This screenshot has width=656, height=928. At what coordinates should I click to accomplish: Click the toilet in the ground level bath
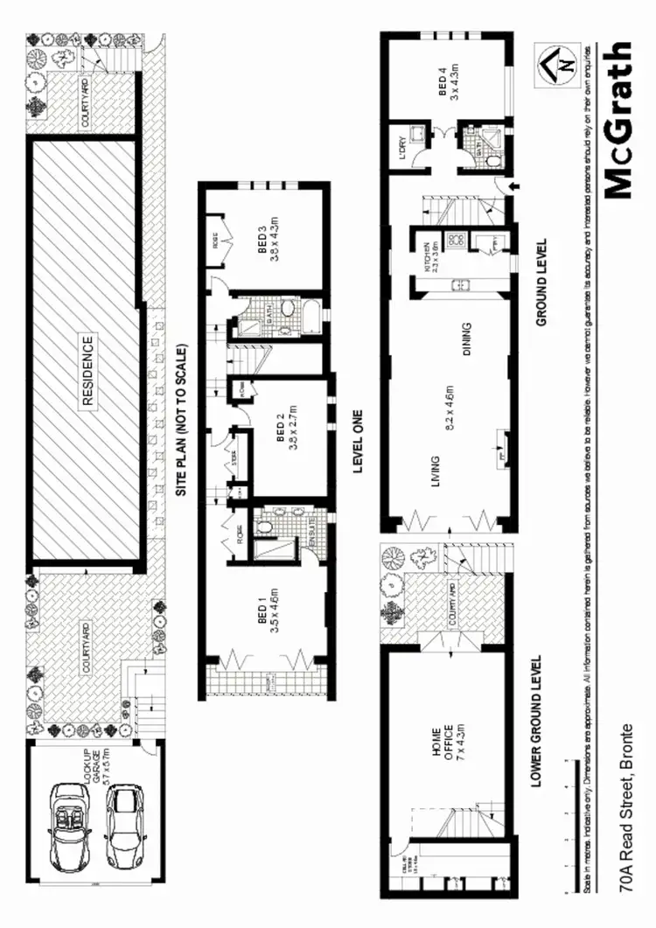pos(492,161)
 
